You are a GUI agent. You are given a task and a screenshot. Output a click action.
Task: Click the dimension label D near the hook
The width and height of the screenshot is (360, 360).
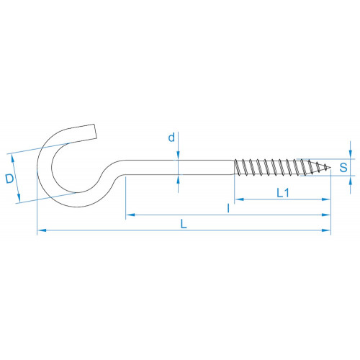coord(9,179)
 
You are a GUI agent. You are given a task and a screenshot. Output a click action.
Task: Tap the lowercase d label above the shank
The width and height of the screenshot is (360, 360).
coord(171,138)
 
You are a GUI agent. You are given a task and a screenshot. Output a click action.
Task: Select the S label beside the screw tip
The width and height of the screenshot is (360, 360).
coord(343,167)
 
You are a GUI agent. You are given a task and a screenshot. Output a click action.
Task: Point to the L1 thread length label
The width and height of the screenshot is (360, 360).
coord(283,193)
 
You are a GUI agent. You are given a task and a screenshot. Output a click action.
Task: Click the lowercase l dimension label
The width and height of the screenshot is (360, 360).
coord(228,208)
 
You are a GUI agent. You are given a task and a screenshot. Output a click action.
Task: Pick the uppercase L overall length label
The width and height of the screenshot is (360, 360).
coord(184,224)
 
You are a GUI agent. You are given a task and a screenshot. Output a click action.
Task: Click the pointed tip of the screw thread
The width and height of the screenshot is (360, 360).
coord(330,167)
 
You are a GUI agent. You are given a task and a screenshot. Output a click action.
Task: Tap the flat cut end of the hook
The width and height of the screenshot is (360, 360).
coord(95,131)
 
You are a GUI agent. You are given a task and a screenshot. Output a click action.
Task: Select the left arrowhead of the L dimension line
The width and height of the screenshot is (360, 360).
coord(42,230)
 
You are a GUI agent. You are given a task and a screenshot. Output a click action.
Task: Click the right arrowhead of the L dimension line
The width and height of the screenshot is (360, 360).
coord(326,230)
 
